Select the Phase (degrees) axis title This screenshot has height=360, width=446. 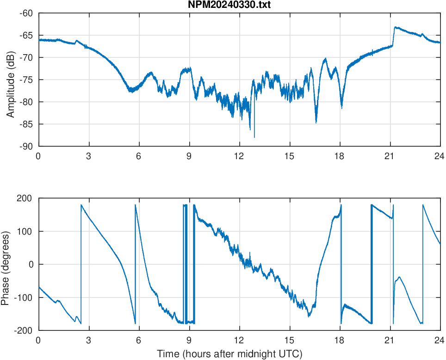[x=6, y=264]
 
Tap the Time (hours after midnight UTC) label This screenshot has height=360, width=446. [x=229, y=354]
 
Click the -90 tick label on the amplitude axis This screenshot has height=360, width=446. [x=26, y=146]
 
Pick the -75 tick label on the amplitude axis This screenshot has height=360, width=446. [x=26, y=80]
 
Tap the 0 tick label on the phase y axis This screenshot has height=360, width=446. [x=31, y=264]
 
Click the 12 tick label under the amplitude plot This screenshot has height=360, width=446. [x=239, y=156]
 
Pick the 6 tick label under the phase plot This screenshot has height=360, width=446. [x=139, y=340]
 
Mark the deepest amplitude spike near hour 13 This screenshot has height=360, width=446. [x=254, y=137]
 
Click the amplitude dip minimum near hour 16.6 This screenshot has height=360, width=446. [x=316, y=122]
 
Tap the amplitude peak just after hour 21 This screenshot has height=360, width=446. [x=395, y=27]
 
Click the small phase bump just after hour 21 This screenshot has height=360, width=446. [x=399, y=277]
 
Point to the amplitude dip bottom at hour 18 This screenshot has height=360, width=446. [x=341, y=108]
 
